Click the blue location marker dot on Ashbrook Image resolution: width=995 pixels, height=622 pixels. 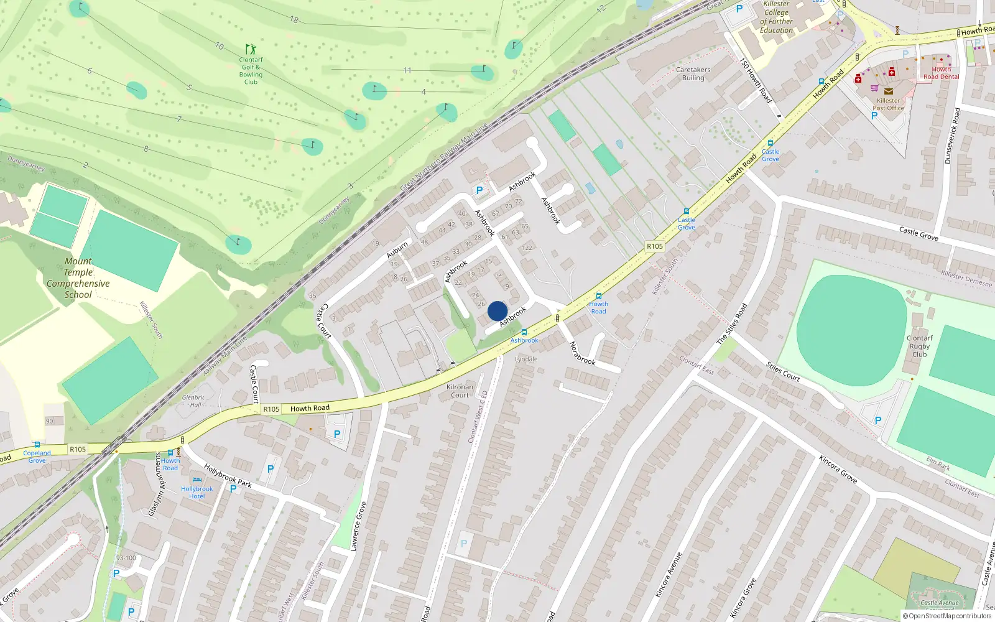[x=497, y=311]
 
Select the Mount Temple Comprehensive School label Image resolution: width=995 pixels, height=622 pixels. [x=78, y=278]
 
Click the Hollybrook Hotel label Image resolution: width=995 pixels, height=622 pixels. [x=197, y=492]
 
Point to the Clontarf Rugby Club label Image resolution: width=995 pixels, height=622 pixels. [x=919, y=346]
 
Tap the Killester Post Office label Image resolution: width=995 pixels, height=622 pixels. [x=888, y=104]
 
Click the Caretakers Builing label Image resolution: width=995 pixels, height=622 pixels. [x=693, y=73]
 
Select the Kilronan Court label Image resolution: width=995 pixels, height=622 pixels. [x=460, y=391]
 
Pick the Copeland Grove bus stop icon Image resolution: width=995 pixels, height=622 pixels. [x=37, y=445]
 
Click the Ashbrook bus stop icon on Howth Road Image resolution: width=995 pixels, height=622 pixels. [x=524, y=333]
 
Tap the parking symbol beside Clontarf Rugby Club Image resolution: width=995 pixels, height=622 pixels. [x=878, y=420]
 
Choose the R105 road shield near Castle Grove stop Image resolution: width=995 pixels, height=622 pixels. [x=654, y=246]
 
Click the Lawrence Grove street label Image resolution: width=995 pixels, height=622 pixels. [x=358, y=526]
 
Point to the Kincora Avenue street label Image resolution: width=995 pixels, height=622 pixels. [x=669, y=575]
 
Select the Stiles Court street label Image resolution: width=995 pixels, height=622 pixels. [x=783, y=371]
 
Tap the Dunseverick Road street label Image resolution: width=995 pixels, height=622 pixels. [x=952, y=136]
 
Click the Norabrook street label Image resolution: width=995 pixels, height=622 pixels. [x=583, y=353]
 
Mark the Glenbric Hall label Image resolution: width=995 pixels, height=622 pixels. [x=193, y=401]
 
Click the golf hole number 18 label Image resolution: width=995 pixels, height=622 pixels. [x=294, y=20]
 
